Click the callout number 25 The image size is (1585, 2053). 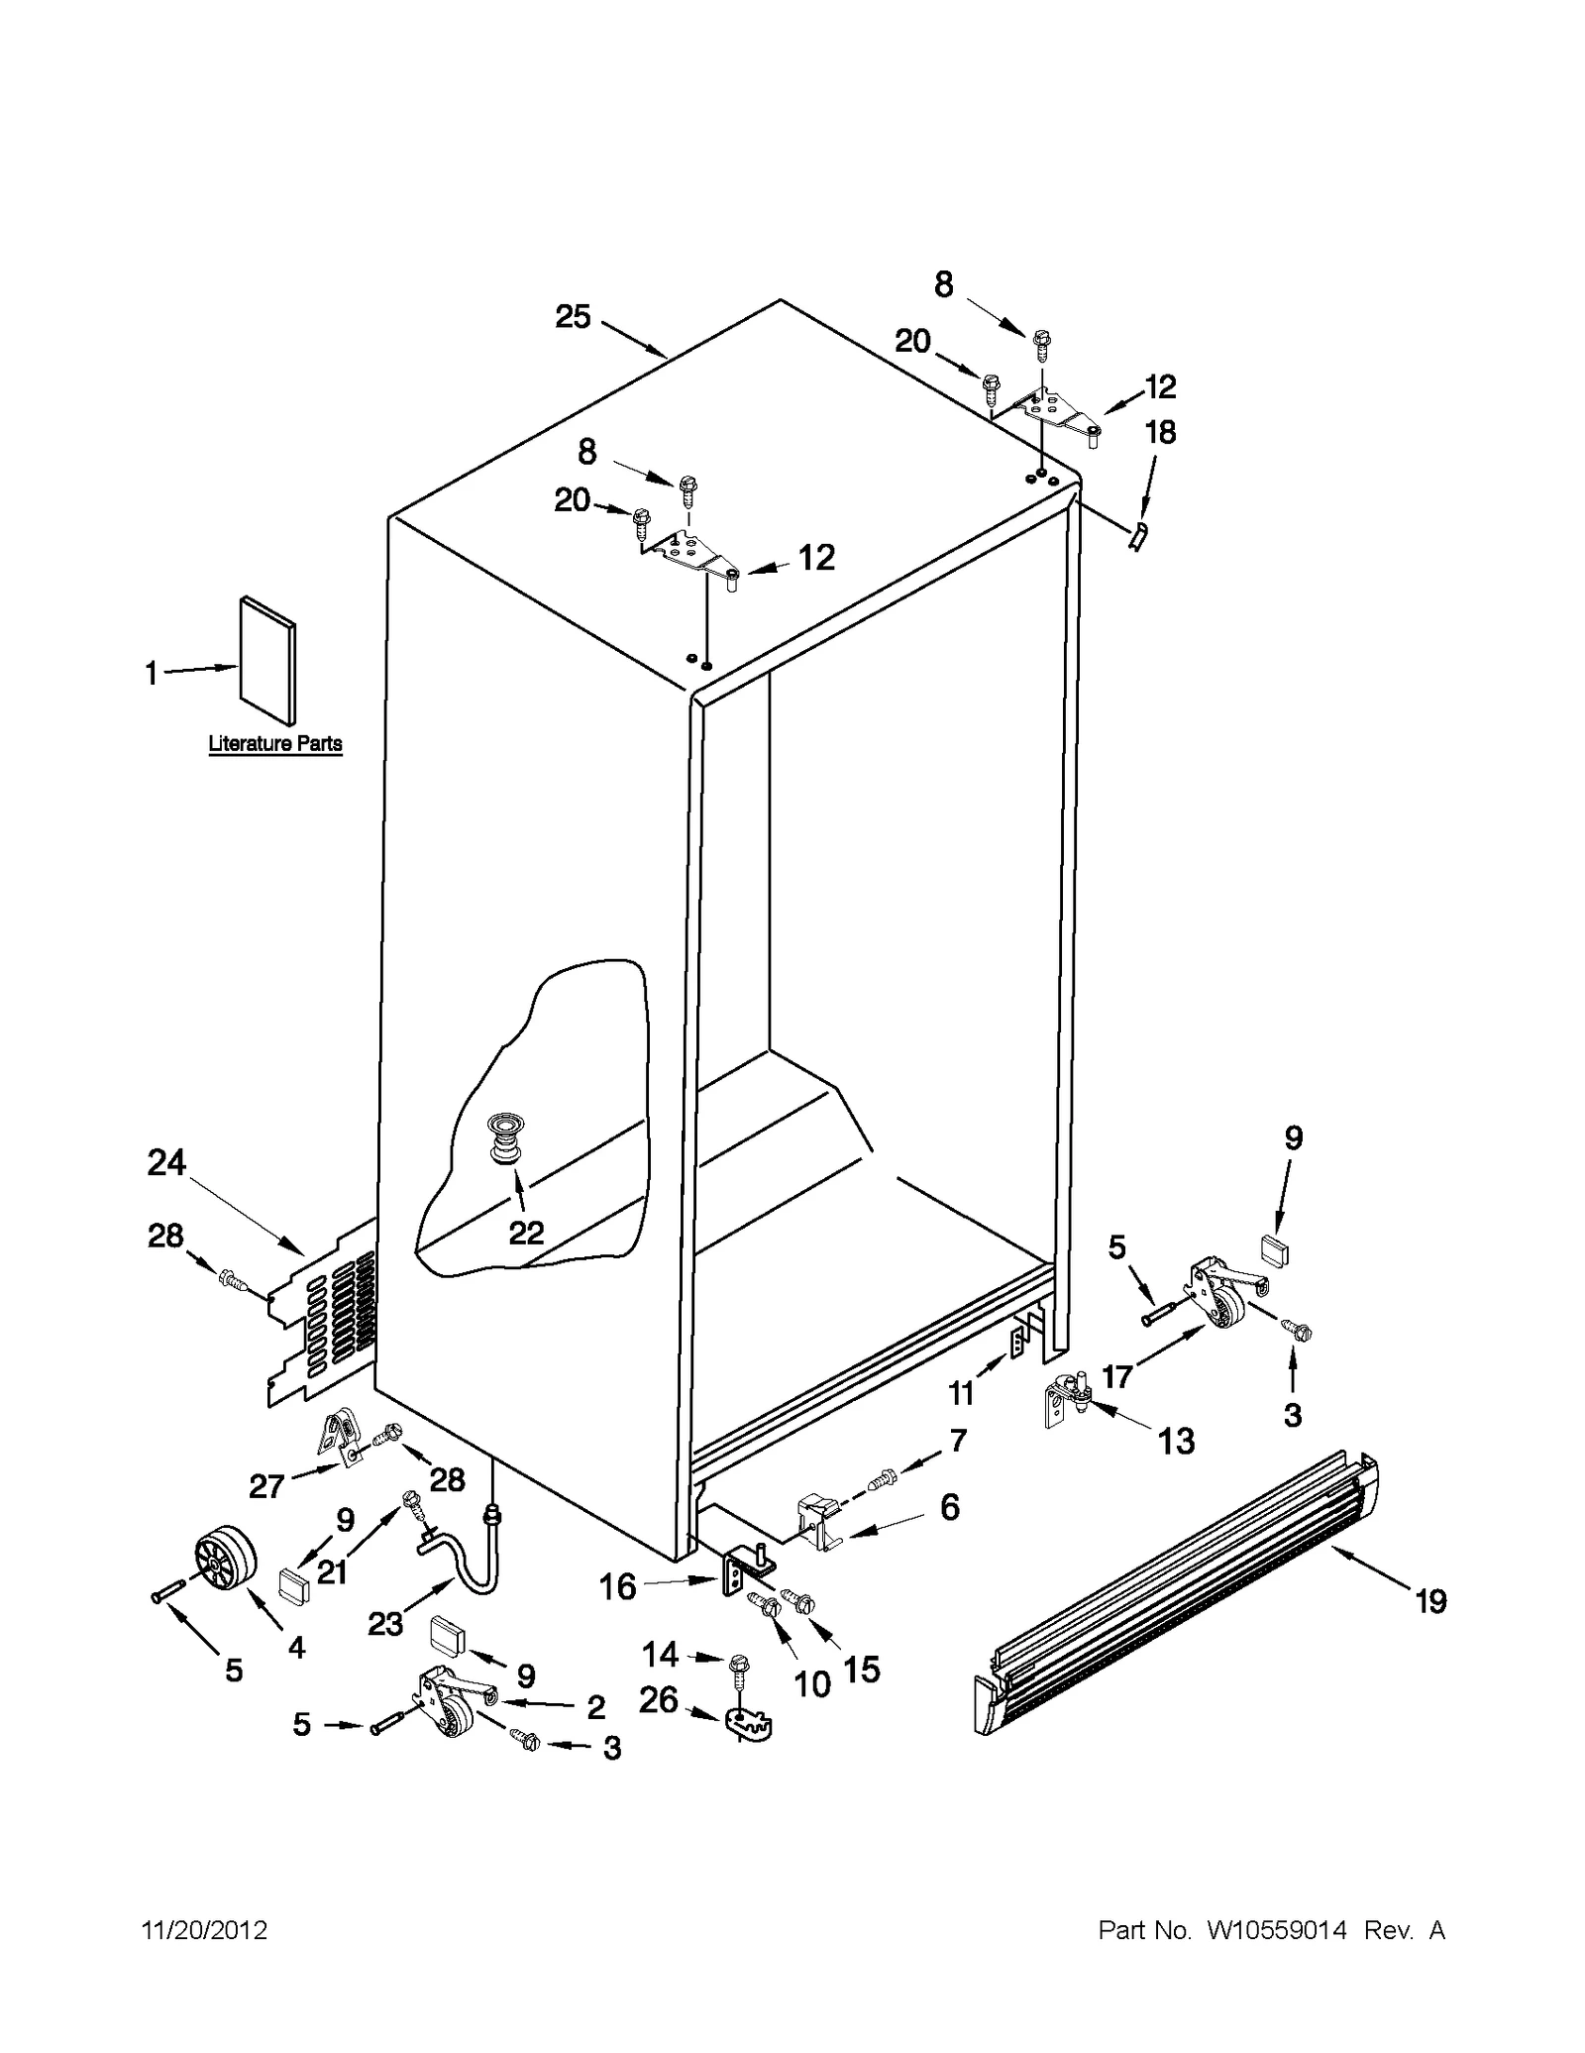[573, 317]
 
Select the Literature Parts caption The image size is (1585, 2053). [275, 743]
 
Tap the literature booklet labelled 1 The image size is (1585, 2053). [268, 662]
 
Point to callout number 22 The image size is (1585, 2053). [526, 1232]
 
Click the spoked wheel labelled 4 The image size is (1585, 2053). [224, 1563]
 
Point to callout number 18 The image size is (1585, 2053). [1160, 432]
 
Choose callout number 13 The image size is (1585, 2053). [1176, 1441]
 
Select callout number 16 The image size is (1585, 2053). [617, 1586]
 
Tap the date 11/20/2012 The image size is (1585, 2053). [205, 1930]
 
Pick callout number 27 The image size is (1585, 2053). [266, 1485]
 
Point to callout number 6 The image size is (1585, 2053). [949, 1507]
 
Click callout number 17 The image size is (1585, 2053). [1116, 1376]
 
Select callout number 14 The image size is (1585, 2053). [660, 1654]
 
